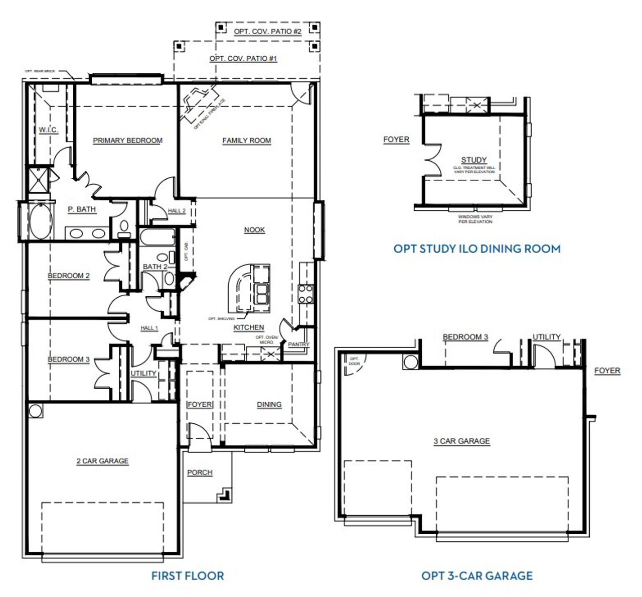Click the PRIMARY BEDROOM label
coord(127,141)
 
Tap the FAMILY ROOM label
coord(246,141)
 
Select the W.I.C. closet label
coord(48,130)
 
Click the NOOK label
coord(254,230)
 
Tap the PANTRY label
coord(298,344)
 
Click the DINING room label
coord(269,405)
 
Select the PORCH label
coord(200,472)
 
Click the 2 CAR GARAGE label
coord(102,461)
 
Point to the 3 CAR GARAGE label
coord(461,441)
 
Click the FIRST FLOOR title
coord(188,575)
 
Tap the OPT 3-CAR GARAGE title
coord(476,575)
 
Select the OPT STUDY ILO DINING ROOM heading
coord(476,249)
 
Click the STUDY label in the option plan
coord(473,160)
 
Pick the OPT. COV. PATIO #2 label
coord(267,32)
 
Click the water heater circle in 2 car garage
coord(35,410)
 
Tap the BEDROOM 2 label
coord(68,276)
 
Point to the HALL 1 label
coord(149,328)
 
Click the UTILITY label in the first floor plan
coord(143,374)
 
